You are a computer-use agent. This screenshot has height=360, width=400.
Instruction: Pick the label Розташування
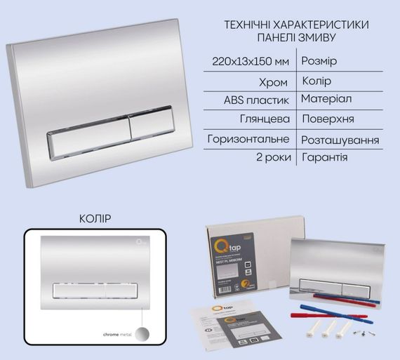pos(340,140)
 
